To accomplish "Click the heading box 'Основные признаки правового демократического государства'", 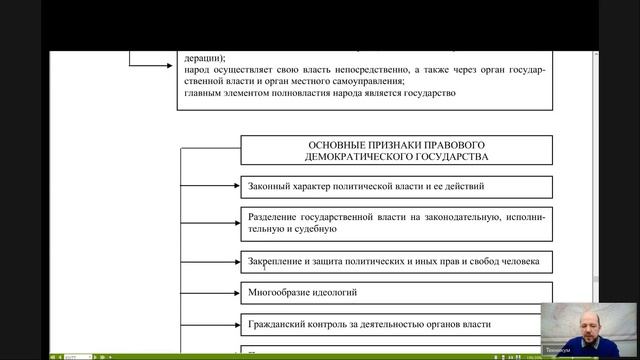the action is [397, 150].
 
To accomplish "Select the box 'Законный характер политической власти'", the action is [397, 186].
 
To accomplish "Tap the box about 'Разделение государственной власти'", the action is [397, 222].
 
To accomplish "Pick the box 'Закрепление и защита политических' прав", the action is [397, 262].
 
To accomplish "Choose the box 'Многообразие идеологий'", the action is [397, 294].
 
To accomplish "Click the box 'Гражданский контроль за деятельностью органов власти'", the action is [397, 325].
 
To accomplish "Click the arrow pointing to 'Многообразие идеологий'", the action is [232, 294].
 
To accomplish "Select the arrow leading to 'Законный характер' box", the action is [232, 186].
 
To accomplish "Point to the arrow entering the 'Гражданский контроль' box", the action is [232, 325].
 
